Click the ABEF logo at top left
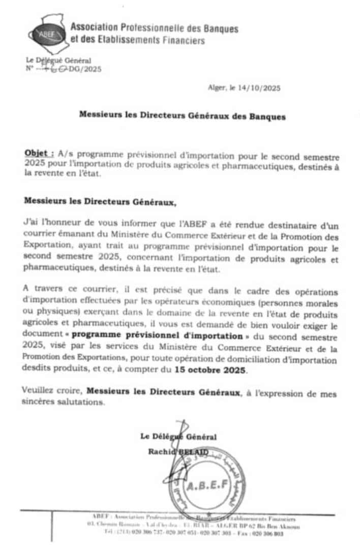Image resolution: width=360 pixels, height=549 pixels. (x=46, y=34)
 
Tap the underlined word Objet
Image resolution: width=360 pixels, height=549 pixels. (x=39, y=152)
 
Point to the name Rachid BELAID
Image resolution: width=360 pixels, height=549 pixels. (x=178, y=451)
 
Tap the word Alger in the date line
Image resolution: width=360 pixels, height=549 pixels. (x=216, y=88)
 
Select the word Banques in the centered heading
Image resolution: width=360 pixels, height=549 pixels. (x=267, y=116)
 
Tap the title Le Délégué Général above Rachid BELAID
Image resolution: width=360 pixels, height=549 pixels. (x=178, y=437)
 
